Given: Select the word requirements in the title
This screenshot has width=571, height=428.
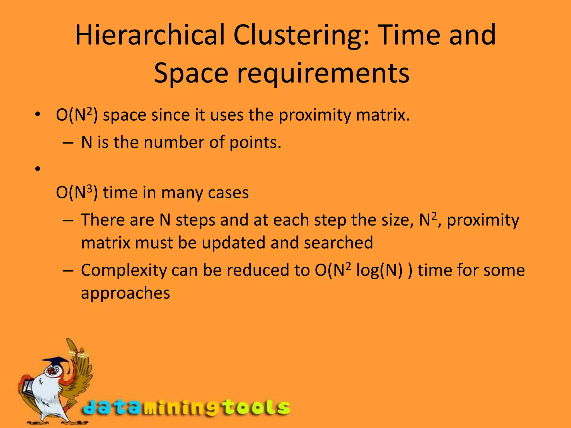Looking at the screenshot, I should click(323, 73).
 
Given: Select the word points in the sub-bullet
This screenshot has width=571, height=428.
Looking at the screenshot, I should click(255, 143).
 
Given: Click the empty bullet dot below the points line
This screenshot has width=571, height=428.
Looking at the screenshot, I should click(38, 169).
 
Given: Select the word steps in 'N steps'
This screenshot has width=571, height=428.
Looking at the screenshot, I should click(195, 220).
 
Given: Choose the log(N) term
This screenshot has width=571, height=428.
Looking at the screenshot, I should click(379, 271).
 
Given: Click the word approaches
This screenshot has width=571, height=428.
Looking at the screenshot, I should click(125, 293).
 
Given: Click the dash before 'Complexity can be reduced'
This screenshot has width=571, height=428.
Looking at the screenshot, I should click(68, 271).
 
